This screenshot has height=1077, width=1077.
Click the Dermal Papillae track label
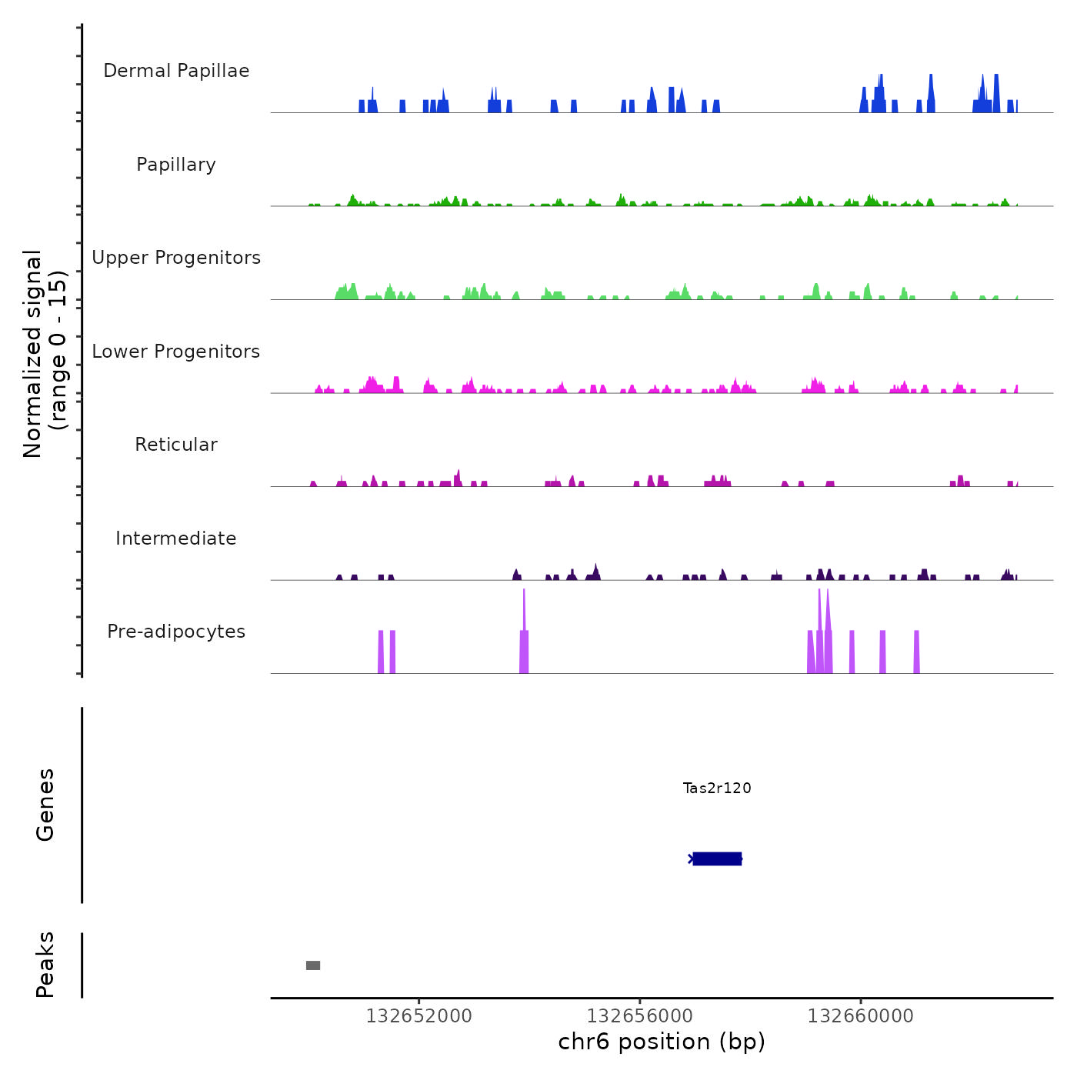point(176,71)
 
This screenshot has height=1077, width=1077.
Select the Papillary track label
point(176,165)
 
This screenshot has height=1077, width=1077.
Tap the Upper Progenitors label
point(176,258)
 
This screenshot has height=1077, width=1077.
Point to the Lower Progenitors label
point(176,352)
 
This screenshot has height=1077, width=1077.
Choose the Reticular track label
point(176,445)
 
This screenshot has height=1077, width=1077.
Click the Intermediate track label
point(176,538)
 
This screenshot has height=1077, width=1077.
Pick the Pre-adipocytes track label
point(176,632)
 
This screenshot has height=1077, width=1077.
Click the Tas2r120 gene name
point(717,788)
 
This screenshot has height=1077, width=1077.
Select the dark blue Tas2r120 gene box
point(717,859)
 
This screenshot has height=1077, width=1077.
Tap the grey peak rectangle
point(313,965)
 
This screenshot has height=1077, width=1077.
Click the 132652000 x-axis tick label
point(418,1016)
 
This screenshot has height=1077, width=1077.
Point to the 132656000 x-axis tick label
point(639,1016)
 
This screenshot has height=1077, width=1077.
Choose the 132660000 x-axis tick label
point(860,1016)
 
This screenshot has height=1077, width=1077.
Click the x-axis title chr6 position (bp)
point(662,1042)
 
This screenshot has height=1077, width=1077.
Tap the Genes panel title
point(45,805)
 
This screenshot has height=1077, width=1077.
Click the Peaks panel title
point(45,965)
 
